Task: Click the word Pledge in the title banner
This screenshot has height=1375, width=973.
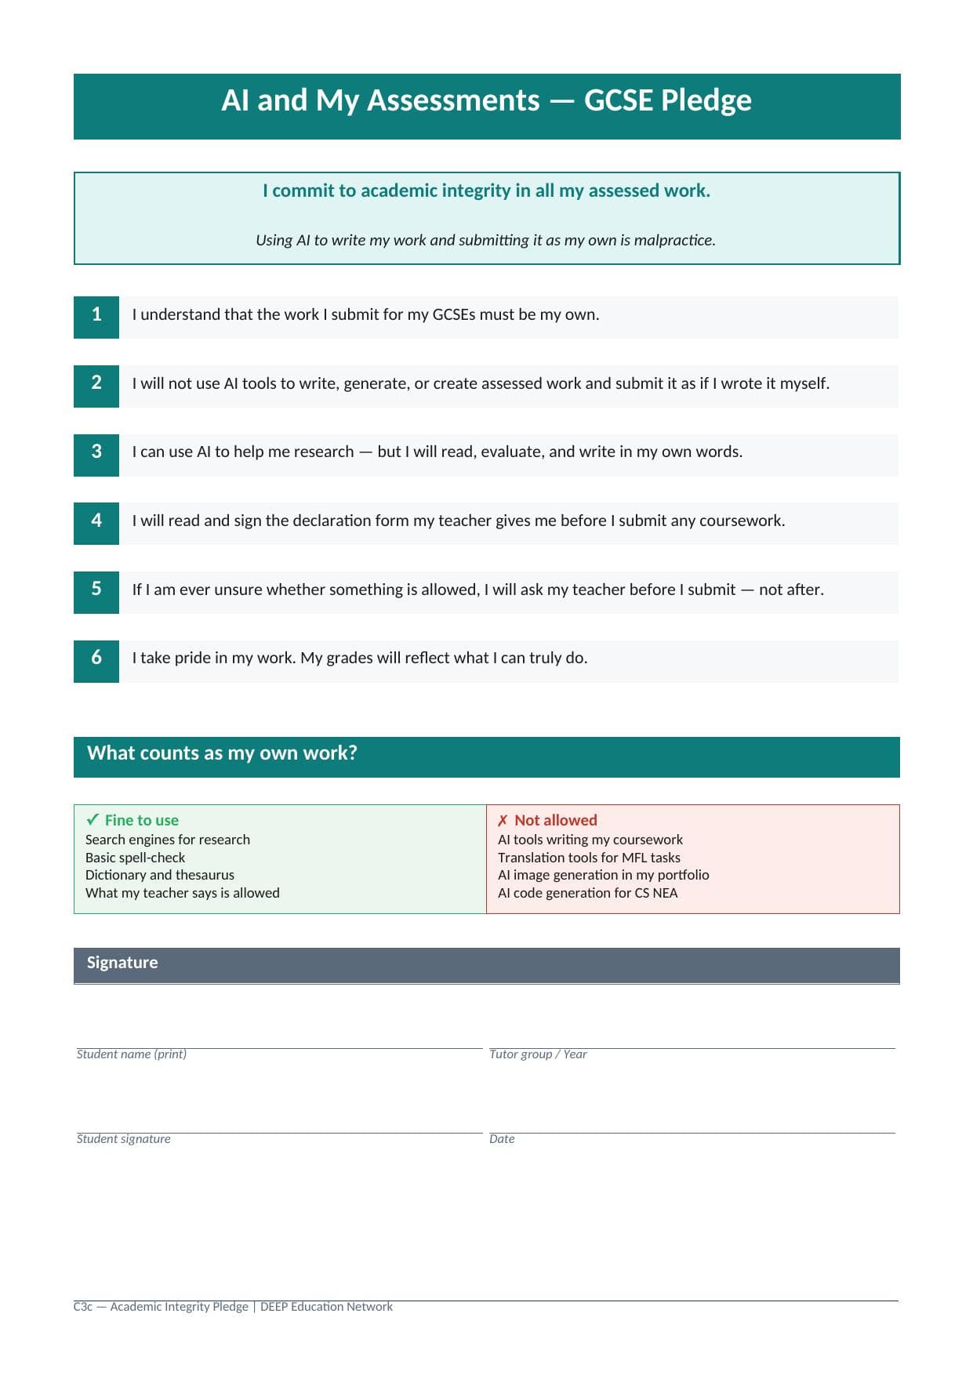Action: pos(706,101)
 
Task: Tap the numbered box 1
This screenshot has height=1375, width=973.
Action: pos(96,316)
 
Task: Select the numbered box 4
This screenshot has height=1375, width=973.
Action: pos(96,522)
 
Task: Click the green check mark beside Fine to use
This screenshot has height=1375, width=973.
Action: pos(93,820)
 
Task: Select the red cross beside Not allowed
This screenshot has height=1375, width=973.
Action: pos(503,821)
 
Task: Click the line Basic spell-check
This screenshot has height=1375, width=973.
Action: pos(135,858)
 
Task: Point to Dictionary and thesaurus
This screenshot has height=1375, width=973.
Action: pos(159,875)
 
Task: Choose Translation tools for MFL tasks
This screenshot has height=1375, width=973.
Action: pos(589,858)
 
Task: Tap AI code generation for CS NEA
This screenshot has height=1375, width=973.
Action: pos(587,893)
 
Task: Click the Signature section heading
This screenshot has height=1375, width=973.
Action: pos(122,963)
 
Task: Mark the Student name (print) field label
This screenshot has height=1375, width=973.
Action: pos(132,1054)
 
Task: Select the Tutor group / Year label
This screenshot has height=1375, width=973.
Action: pos(538,1054)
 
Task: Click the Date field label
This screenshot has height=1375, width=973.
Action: pos(502,1139)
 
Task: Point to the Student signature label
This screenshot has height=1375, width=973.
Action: pos(123,1139)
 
